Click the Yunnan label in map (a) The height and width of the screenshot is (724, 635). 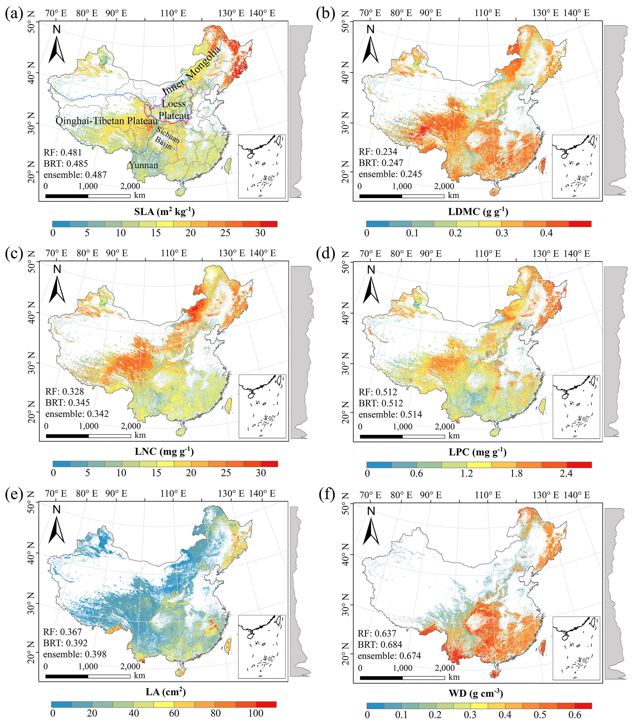(x=143, y=165)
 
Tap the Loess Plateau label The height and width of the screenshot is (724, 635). (x=174, y=109)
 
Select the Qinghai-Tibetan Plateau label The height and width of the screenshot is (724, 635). (x=106, y=121)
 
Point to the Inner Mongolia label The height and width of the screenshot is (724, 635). (x=191, y=71)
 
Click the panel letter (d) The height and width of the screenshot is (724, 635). (x=325, y=254)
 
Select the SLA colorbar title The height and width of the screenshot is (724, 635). (x=164, y=211)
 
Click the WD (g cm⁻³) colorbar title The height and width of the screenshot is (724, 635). (x=476, y=693)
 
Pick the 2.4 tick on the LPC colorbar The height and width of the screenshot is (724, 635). (x=566, y=473)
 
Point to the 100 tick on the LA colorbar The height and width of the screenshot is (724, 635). (x=255, y=713)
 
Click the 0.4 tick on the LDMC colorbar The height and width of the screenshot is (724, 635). (x=546, y=233)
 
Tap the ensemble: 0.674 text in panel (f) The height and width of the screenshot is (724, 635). (x=389, y=656)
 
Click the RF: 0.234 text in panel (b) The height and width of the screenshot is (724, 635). (x=378, y=151)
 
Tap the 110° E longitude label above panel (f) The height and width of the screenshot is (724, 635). (x=488, y=495)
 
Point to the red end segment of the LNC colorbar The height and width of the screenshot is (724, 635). (x=269, y=464)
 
